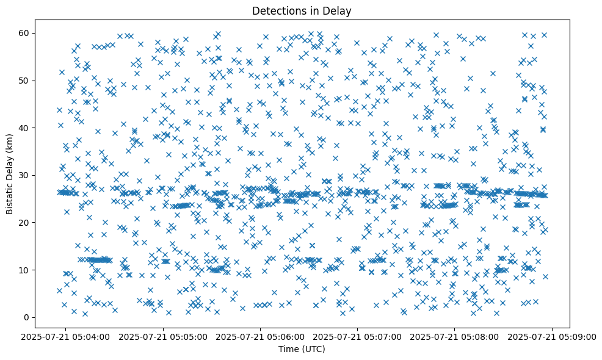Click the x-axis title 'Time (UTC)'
pos(302,350)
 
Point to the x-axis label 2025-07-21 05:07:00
pos(358,337)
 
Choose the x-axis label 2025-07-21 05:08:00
pos(455,337)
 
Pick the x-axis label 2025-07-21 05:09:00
pos(553,337)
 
